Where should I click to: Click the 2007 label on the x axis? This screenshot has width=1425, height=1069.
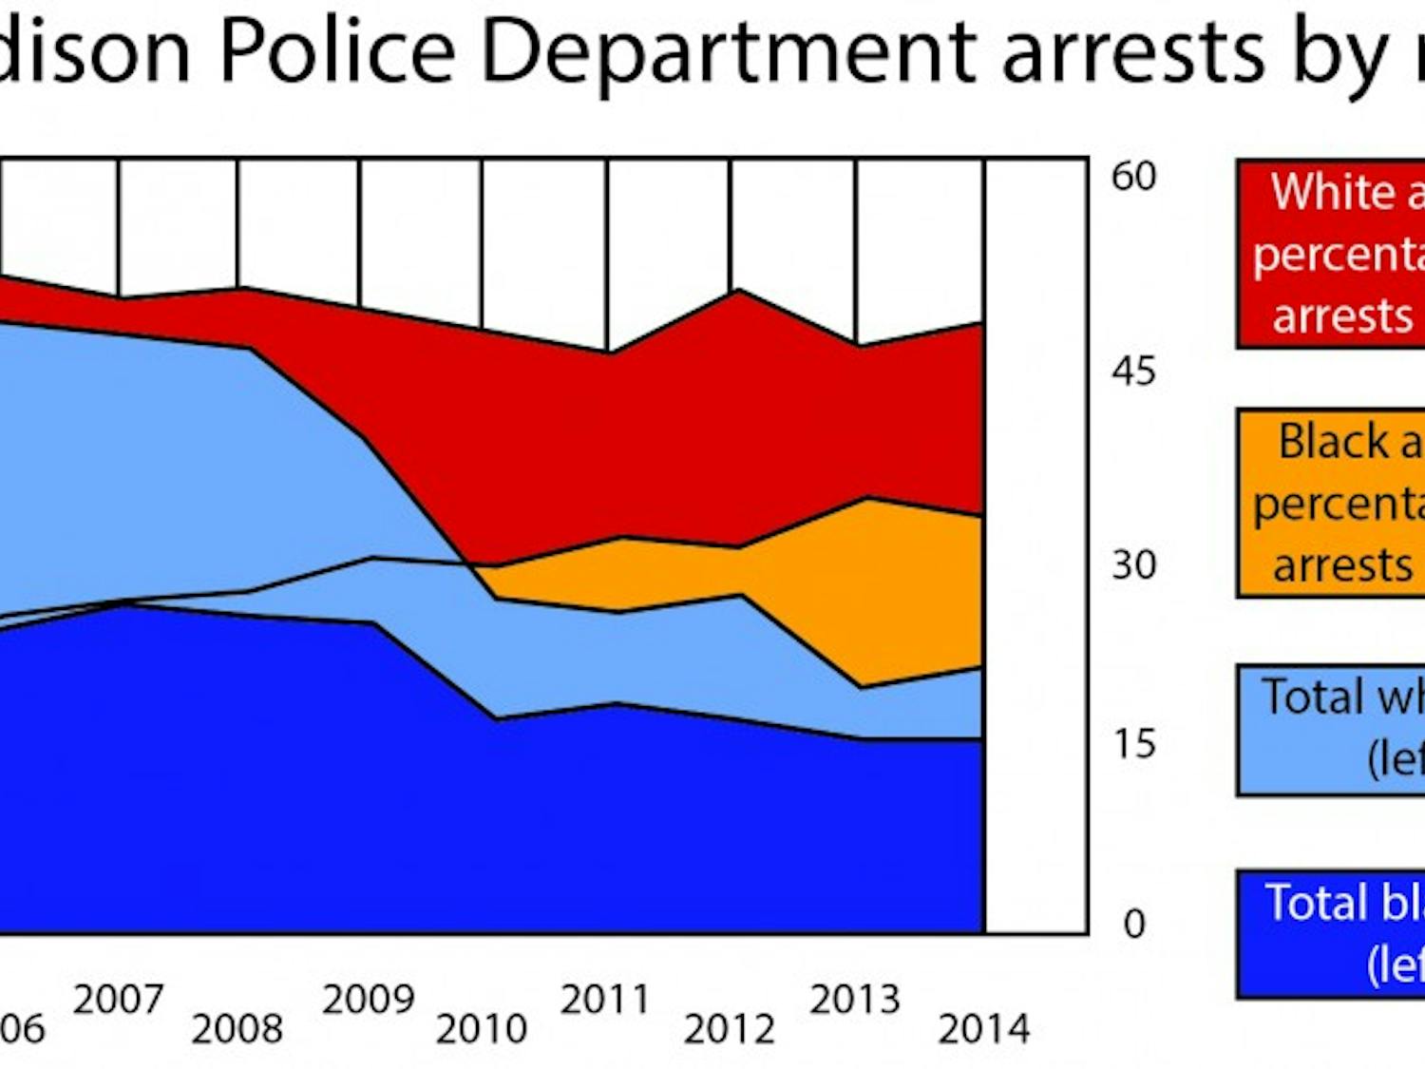(119, 1000)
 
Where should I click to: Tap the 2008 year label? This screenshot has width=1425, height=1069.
(237, 1029)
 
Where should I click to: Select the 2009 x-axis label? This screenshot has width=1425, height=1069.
(369, 1000)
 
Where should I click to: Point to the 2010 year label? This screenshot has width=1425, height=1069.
(482, 1029)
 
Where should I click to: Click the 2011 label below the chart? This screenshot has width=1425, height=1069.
(605, 1000)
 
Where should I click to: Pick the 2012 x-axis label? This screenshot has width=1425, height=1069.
(730, 1029)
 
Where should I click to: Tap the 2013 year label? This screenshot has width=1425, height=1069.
(855, 1000)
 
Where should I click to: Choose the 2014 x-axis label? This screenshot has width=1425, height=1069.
(984, 1029)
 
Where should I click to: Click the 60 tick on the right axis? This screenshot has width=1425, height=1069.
(1134, 177)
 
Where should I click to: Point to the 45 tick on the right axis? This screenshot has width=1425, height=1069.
(1134, 372)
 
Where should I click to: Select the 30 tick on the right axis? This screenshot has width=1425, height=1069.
(1134, 565)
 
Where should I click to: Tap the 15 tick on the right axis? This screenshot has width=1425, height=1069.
(1134, 744)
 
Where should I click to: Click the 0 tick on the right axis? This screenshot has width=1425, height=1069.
(1134, 924)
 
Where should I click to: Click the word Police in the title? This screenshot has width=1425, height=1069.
(338, 51)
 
